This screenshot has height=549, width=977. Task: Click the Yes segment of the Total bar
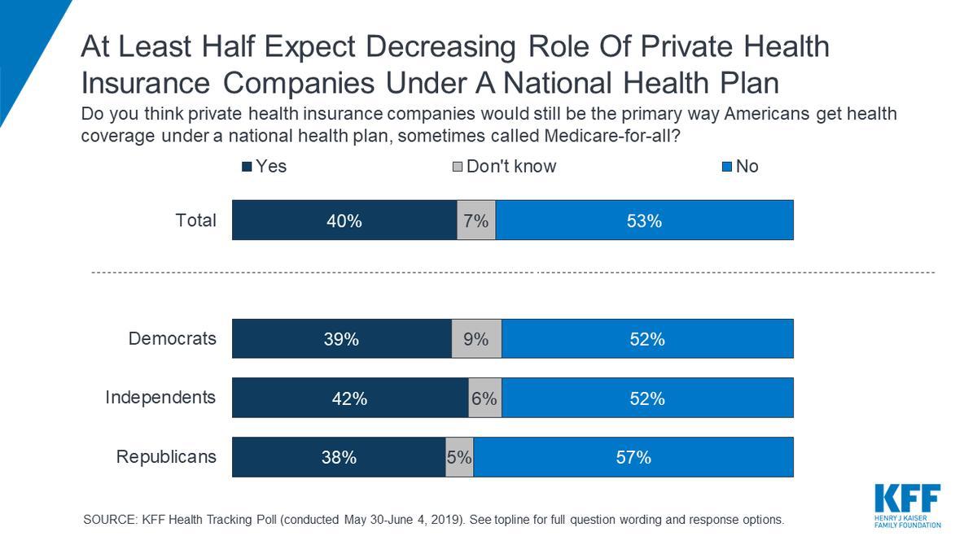pos(344,220)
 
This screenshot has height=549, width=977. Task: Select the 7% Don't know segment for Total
pos(476,220)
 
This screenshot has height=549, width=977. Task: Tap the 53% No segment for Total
pos(644,220)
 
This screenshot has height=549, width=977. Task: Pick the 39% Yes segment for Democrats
pos(341,339)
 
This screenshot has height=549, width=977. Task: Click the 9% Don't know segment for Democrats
pos(476,339)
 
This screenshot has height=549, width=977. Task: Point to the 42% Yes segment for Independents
pos(349,399)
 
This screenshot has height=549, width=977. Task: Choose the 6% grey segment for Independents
pos(484,399)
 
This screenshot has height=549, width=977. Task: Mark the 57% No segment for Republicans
pos(633,457)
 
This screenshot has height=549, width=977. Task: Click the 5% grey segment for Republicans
pos(459,457)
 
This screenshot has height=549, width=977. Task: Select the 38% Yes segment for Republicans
pos(338,457)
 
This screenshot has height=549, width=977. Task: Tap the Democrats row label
pos(173,338)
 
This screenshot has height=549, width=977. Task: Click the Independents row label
pos(160,398)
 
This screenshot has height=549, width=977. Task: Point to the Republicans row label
pos(166,456)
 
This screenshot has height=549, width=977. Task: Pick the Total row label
pos(196,220)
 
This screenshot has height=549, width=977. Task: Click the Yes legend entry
pos(265,167)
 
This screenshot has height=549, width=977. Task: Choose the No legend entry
pos(741,167)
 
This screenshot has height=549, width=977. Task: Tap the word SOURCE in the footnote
pos(111,520)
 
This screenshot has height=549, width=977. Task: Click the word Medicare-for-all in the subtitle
pos(606,136)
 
